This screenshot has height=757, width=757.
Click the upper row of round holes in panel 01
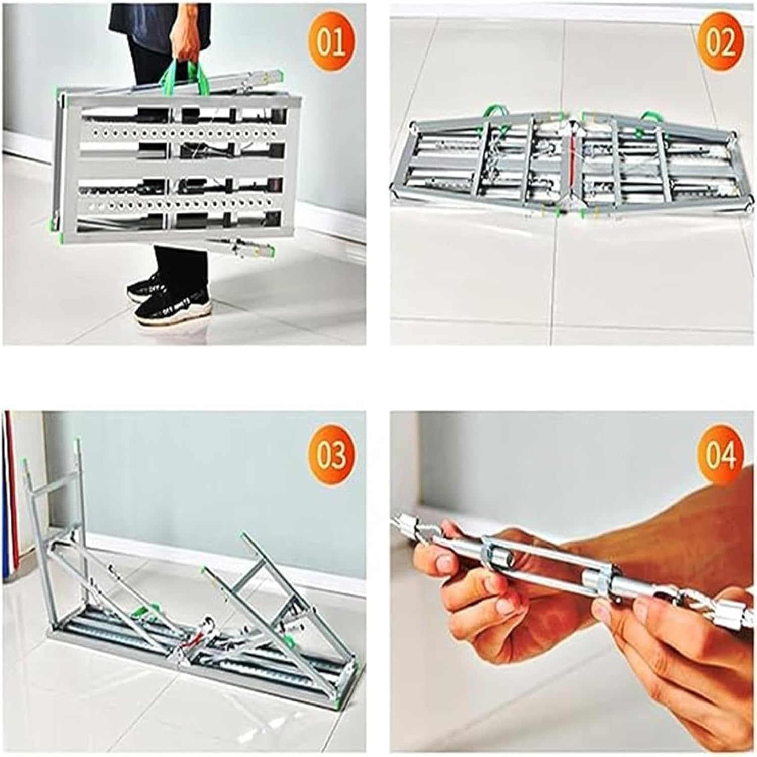click(x=177, y=135)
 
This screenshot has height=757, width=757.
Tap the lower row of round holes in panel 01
click(x=177, y=206)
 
